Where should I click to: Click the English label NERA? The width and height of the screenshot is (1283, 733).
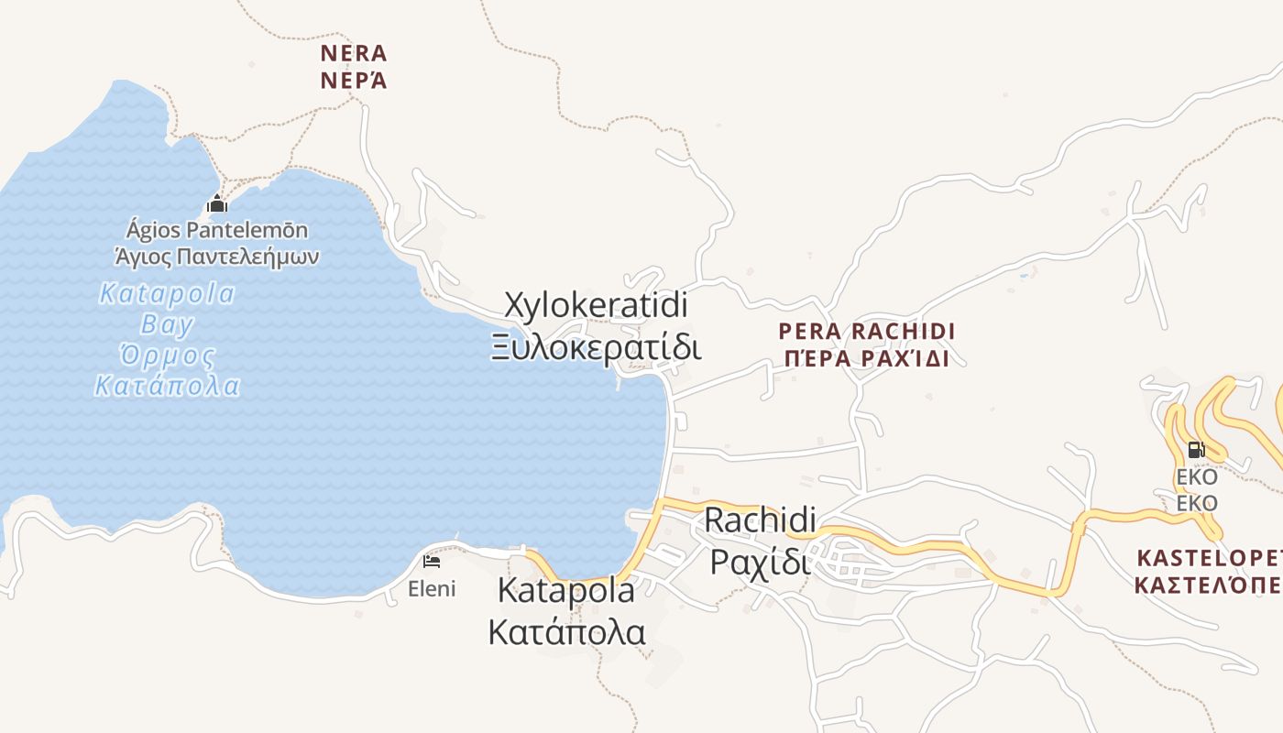click(x=354, y=53)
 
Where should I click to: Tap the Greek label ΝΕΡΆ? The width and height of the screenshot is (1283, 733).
click(x=354, y=81)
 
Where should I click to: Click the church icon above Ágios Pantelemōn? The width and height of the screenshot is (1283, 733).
click(x=217, y=203)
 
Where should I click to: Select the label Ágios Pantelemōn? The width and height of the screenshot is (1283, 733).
click(x=217, y=230)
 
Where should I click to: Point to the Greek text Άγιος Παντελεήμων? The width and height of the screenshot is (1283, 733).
click(x=217, y=256)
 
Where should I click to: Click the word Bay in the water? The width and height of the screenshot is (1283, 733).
click(x=168, y=324)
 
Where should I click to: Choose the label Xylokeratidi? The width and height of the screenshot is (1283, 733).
click(x=596, y=304)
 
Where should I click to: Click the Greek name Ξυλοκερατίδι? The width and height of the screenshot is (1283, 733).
click(x=596, y=348)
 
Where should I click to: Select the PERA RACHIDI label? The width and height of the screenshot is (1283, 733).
click(x=866, y=331)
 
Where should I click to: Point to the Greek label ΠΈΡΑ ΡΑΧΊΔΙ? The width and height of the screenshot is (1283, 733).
click(x=866, y=358)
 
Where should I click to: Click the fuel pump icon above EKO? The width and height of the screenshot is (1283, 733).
click(x=1196, y=450)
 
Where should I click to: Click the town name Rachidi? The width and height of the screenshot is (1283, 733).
click(x=760, y=520)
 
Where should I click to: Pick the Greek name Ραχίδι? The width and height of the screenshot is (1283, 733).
click(x=760, y=561)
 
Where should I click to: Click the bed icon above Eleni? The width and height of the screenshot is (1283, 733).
click(x=432, y=561)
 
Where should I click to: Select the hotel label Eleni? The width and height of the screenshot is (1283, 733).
click(x=432, y=588)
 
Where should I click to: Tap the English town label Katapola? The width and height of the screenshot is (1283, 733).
click(x=565, y=591)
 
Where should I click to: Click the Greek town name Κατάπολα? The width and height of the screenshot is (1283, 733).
click(x=565, y=632)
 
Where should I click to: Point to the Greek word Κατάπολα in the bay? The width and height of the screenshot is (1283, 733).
click(x=168, y=386)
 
